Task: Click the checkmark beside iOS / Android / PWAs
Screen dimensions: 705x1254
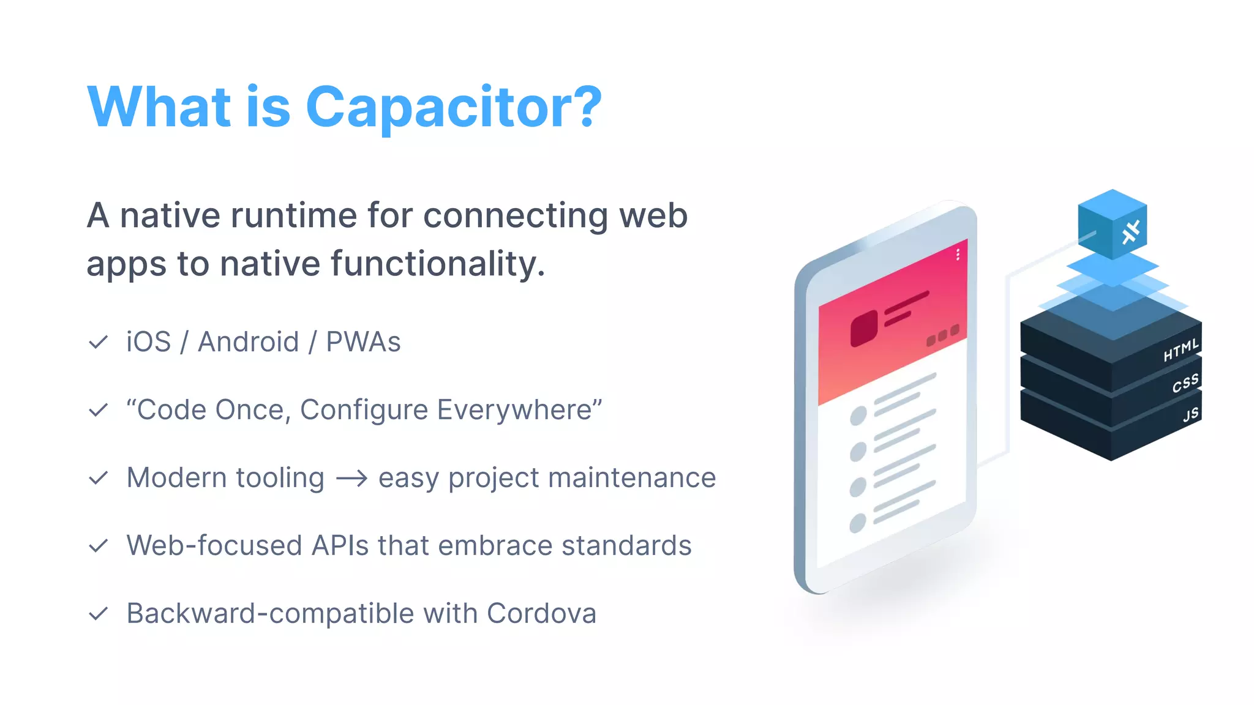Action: [x=98, y=342]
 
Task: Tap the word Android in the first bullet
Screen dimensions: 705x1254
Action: [x=248, y=342]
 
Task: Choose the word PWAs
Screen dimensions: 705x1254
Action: [x=363, y=342]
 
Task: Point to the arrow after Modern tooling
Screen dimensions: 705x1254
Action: [x=351, y=478]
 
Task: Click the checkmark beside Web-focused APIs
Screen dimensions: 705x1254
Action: [x=98, y=546]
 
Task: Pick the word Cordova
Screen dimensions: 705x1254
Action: [x=541, y=614]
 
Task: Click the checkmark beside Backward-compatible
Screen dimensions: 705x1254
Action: [x=98, y=614]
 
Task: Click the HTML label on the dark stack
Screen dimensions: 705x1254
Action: [x=1181, y=351]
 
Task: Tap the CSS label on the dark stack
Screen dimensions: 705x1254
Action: [x=1185, y=384]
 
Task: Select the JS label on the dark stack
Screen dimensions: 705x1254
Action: [x=1191, y=416]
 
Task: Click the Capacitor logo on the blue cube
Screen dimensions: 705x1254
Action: [x=1131, y=232]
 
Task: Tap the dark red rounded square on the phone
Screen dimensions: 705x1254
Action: [x=864, y=328]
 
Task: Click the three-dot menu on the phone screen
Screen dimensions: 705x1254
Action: [x=958, y=255]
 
